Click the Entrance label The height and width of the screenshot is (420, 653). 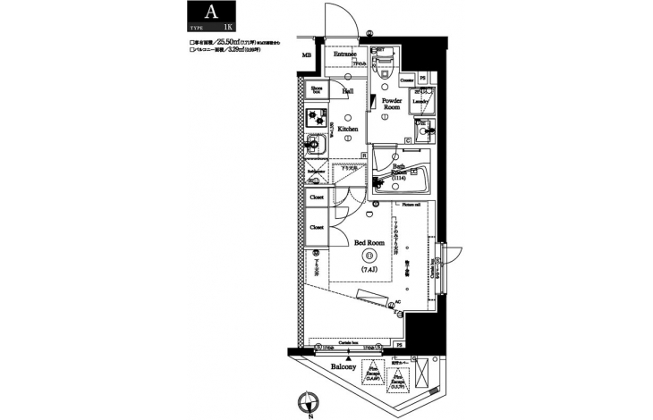tap(346, 55)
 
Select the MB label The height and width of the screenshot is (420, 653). tap(307, 55)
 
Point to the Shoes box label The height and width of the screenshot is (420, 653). tap(316, 89)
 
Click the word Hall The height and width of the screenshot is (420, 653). tap(348, 90)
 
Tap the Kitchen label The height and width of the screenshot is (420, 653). tap(348, 129)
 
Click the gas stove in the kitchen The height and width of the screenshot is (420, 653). tap(316, 116)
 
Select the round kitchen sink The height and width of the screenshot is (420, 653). tap(315, 144)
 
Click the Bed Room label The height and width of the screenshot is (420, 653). tap(369, 242)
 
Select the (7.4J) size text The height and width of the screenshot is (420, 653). tap(369, 268)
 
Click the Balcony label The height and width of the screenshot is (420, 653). tap(344, 367)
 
